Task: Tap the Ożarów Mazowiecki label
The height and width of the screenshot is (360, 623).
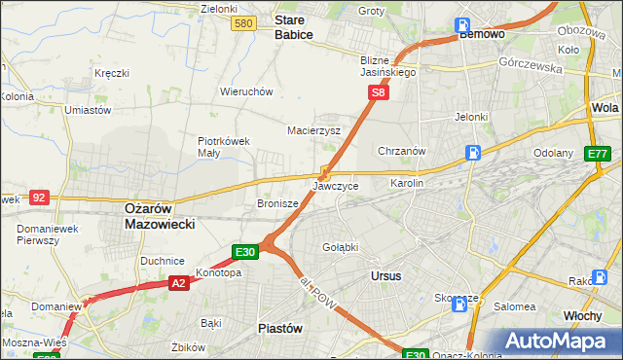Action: [x=161, y=215]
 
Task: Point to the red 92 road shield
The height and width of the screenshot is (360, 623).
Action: [x=39, y=197]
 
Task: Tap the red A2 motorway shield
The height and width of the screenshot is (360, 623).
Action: [x=178, y=282]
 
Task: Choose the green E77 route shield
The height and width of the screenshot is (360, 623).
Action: [x=597, y=154]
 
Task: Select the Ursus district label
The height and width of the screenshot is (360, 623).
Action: [x=386, y=275]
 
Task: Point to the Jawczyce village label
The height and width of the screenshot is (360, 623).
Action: [x=336, y=185]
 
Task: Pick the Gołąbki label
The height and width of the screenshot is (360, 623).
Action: [x=341, y=247]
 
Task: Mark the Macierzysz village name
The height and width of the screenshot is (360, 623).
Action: [x=313, y=129]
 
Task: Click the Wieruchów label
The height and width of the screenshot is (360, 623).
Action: [x=246, y=91]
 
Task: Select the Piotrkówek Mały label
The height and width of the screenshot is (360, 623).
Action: [x=224, y=146]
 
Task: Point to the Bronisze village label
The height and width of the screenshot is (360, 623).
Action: [x=275, y=204]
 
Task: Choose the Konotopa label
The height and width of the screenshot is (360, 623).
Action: [x=218, y=272]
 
